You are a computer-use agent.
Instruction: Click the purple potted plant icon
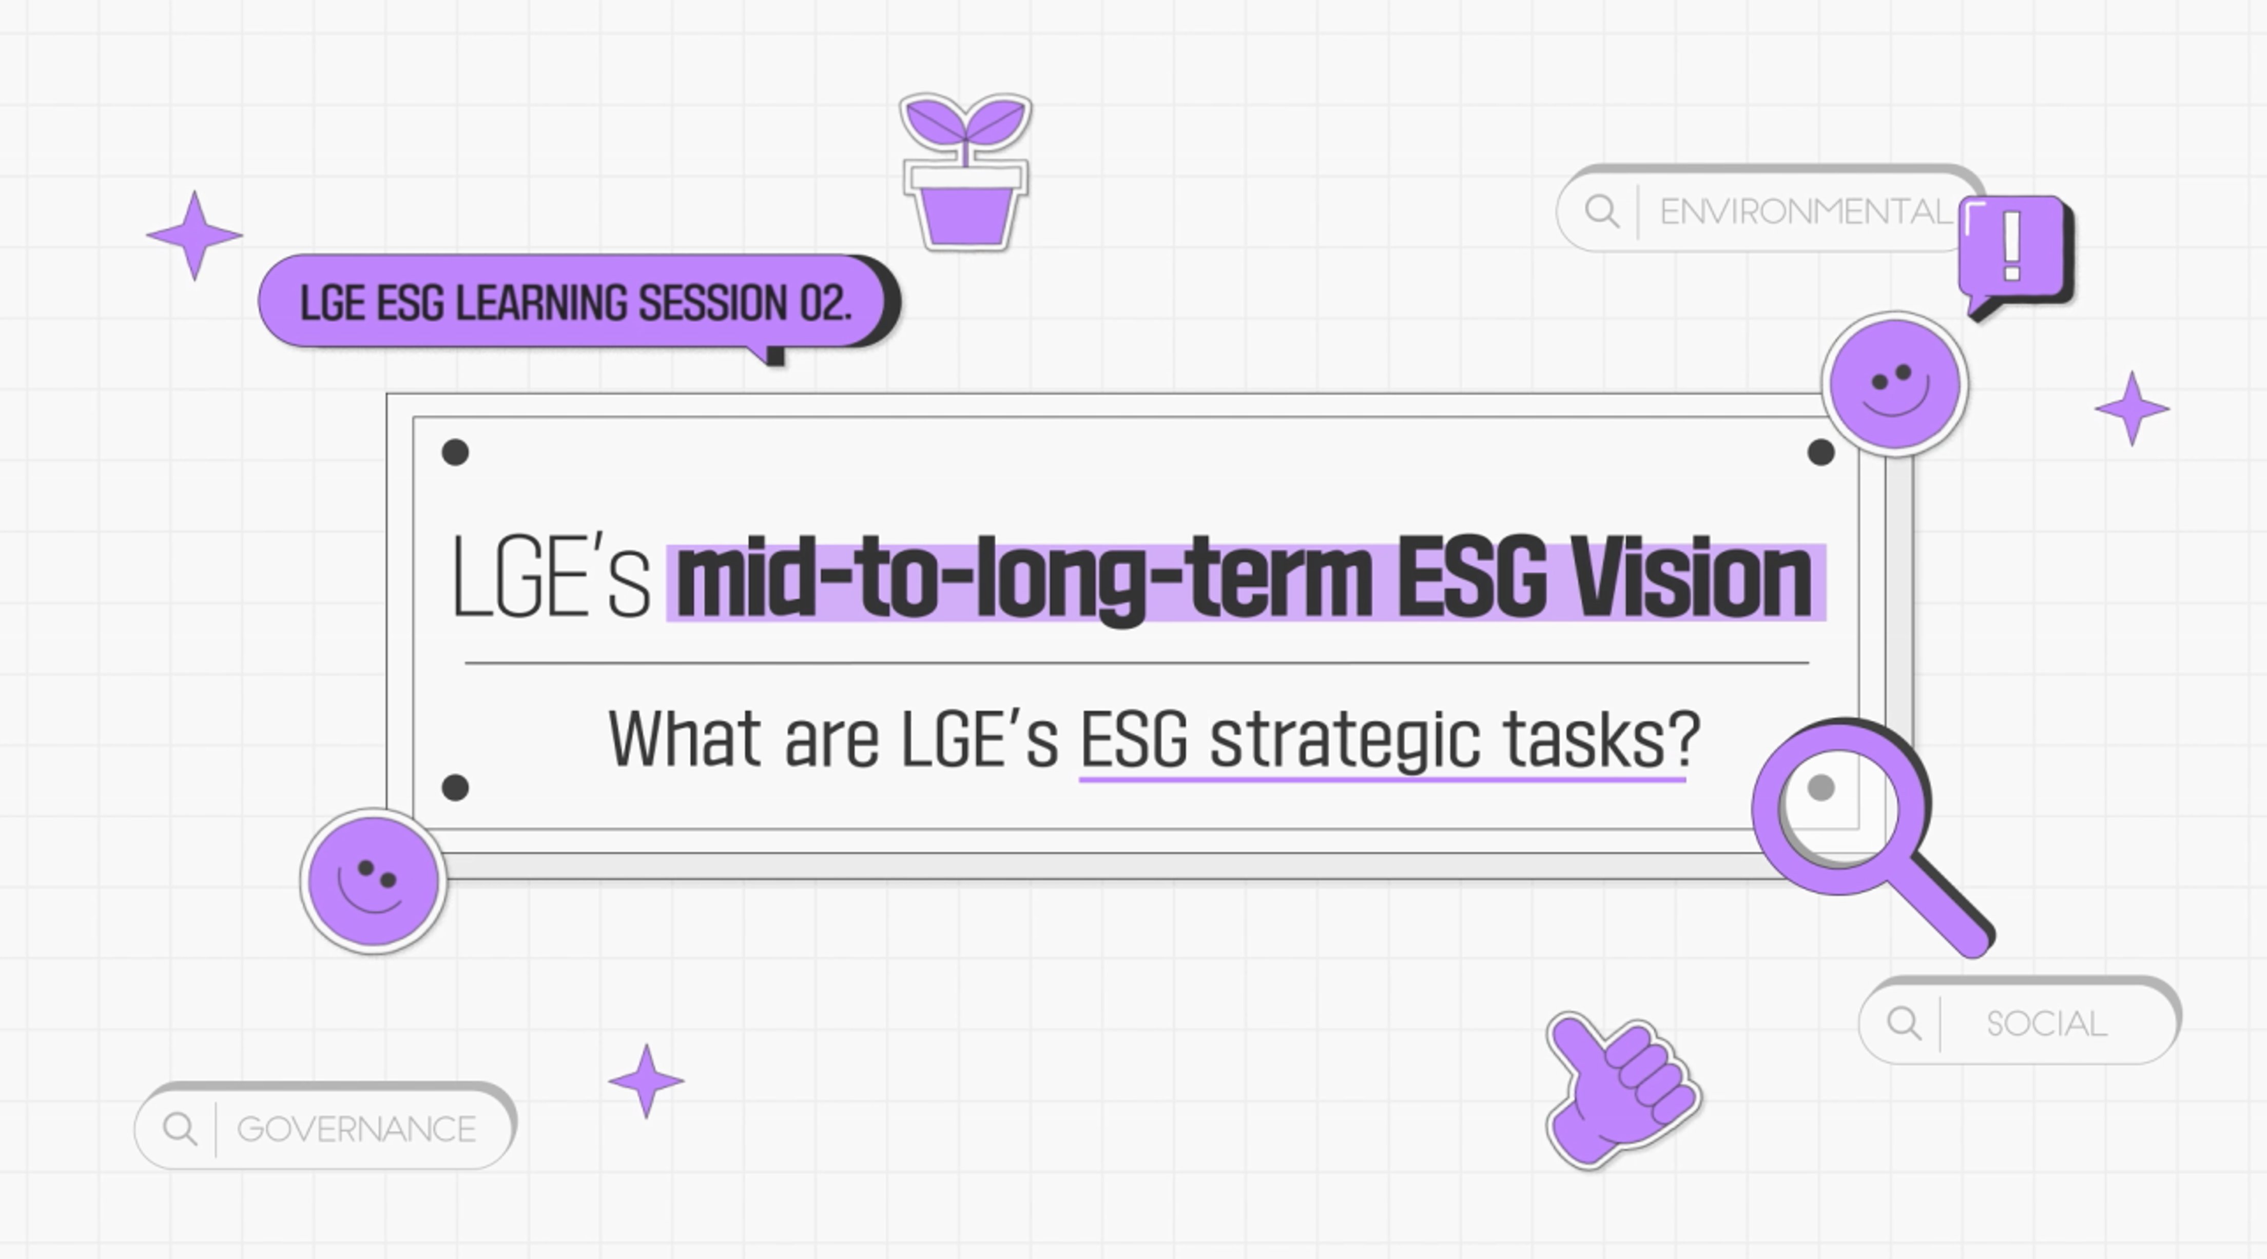pos(965,171)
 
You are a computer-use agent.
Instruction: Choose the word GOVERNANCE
pos(356,1129)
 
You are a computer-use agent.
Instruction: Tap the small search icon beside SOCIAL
pos(1904,1023)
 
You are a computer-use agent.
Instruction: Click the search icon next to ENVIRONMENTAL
pos(1602,212)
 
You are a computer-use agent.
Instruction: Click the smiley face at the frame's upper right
pos(1895,384)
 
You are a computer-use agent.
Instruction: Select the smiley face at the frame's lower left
pos(373,881)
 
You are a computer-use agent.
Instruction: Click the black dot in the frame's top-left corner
pos(455,452)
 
